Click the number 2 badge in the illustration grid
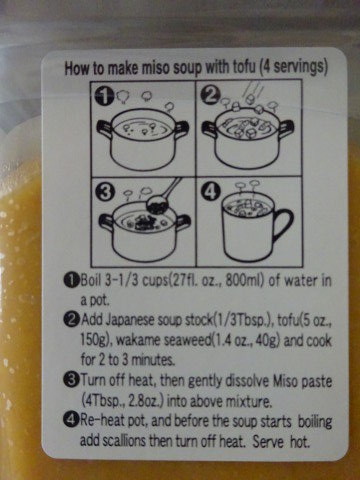click(211, 95)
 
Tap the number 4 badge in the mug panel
click(211, 192)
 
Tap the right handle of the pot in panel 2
click(286, 127)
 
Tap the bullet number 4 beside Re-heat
click(72, 420)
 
